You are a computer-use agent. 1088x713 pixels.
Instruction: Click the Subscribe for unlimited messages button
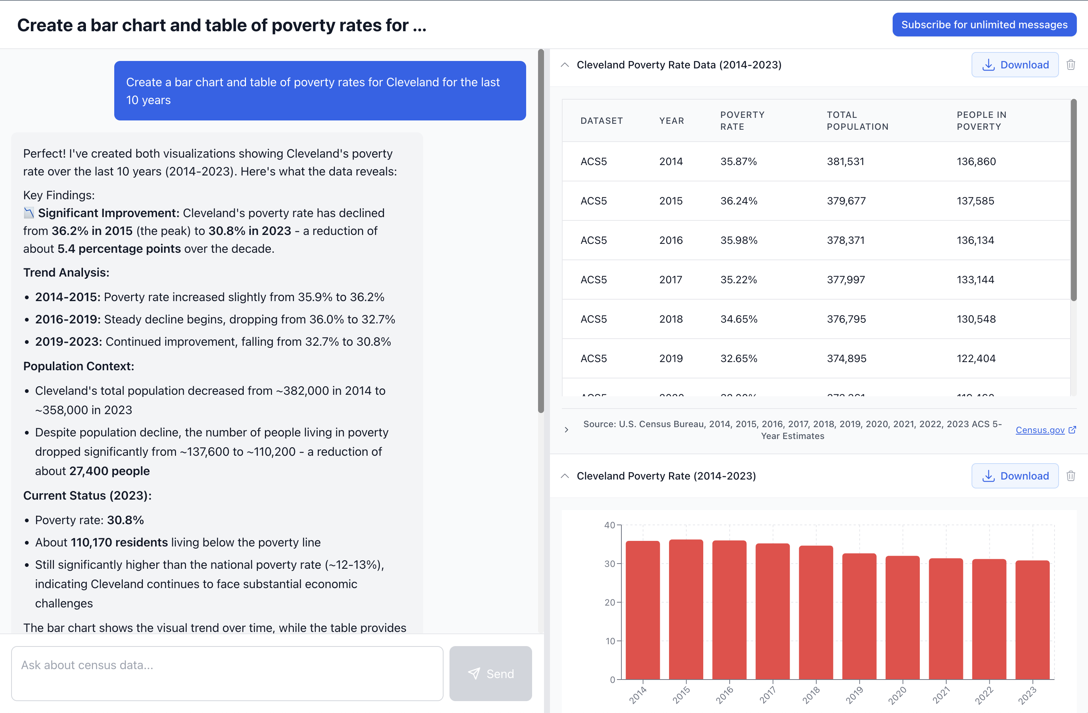pyautogui.click(x=984, y=25)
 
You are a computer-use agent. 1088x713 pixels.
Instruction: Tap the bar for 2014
pyautogui.click(x=642, y=610)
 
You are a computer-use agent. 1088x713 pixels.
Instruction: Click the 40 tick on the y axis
pyautogui.click(x=609, y=525)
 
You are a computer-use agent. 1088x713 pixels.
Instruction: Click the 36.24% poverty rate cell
pyautogui.click(x=739, y=201)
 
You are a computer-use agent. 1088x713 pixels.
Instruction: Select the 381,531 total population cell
pyautogui.click(x=845, y=162)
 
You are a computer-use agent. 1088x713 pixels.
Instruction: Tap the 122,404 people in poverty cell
pyautogui.click(x=976, y=359)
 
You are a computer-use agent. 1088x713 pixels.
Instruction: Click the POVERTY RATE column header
pyautogui.click(x=742, y=120)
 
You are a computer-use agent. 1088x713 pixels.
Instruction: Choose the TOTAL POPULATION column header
pyautogui.click(x=857, y=120)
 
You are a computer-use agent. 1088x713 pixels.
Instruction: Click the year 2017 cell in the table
pyautogui.click(x=670, y=280)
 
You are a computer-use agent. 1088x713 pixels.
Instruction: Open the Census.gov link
pyautogui.click(x=1040, y=430)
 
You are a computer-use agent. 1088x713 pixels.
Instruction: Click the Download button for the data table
pyautogui.click(x=1014, y=65)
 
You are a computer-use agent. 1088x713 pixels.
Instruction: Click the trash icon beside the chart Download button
pyautogui.click(x=1071, y=476)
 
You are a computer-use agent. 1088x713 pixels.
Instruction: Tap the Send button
pyautogui.click(x=490, y=673)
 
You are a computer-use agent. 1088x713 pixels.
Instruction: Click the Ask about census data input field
pyautogui.click(x=227, y=673)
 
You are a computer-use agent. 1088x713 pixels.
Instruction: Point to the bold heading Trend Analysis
pyautogui.click(x=66, y=273)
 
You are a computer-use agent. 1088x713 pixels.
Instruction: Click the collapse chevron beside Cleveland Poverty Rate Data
pyautogui.click(x=565, y=65)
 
